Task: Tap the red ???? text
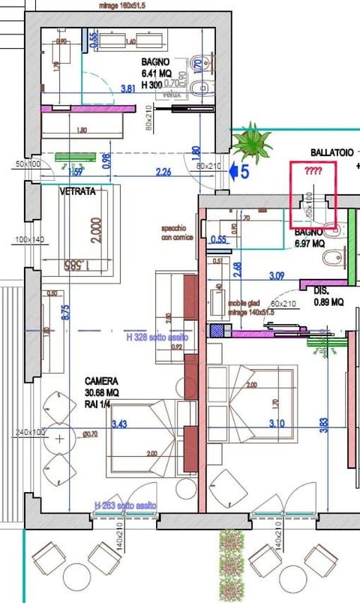pyautogui.click(x=313, y=172)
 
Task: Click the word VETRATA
pyautogui.click(x=79, y=192)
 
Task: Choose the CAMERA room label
pyautogui.click(x=100, y=380)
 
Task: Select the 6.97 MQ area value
pyautogui.click(x=309, y=244)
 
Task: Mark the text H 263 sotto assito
pyautogui.click(x=125, y=506)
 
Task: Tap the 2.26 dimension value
pyautogui.click(x=163, y=172)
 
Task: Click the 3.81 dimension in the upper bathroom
pyautogui.click(x=130, y=88)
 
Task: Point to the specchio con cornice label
pyautogui.click(x=177, y=232)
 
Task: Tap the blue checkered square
pyautogui.click(x=217, y=329)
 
